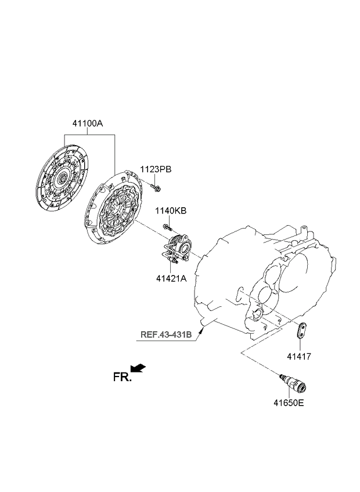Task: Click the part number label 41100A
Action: (88, 124)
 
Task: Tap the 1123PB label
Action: (156, 169)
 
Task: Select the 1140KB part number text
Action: (171, 211)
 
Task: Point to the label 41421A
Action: (171, 278)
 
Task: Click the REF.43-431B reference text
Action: (166, 335)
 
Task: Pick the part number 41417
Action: (299, 357)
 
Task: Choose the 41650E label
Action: (289, 403)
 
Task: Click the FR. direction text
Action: (122, 377)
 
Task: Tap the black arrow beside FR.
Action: (138, 368)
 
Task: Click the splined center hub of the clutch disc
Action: (63, 178)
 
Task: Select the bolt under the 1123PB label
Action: (156, 187)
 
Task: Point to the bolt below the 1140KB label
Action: (167, 227)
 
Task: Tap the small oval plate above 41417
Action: (301, 330)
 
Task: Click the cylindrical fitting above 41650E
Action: (294, 384)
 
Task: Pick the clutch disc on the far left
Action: (62, 178)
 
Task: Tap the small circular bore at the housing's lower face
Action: (258, 313)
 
